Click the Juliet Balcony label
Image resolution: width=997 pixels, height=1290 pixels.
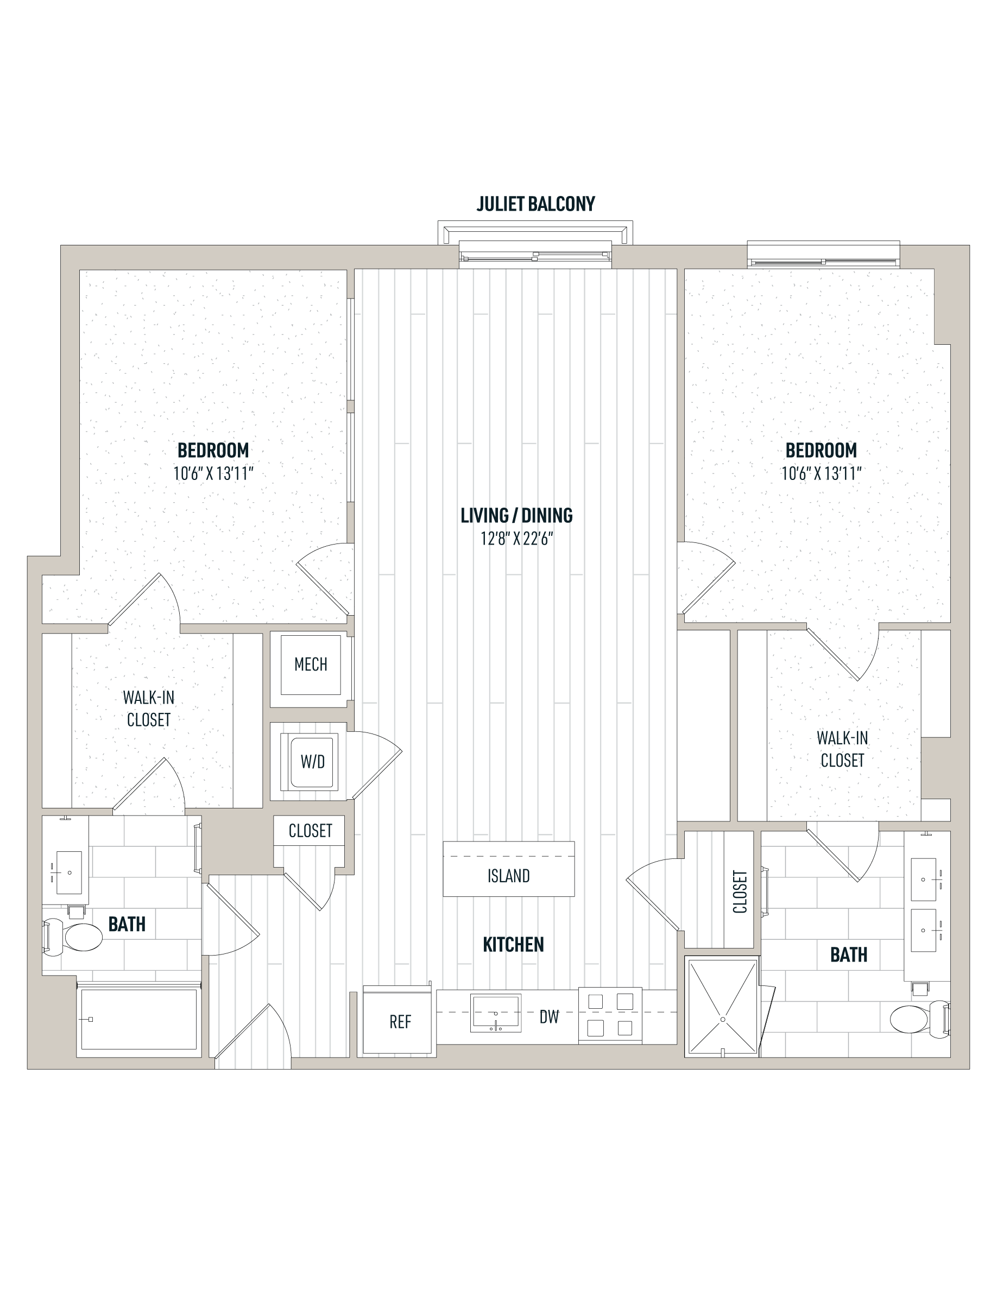536,204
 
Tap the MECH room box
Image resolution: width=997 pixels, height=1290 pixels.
311,665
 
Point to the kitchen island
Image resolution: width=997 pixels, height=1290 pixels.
508,869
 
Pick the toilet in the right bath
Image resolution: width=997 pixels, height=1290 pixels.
920,1019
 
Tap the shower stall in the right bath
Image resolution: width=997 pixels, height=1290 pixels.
722,1007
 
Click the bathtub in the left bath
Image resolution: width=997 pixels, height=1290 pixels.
139,1020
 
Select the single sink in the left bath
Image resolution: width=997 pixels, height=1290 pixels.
68,873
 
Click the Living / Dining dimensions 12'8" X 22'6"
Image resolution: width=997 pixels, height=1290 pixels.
517,539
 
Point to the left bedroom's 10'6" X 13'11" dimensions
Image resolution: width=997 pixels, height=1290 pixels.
213,474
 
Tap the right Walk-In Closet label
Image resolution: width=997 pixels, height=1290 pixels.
842,749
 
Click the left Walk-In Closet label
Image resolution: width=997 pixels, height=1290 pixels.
149,709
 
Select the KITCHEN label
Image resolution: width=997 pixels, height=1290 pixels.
513,945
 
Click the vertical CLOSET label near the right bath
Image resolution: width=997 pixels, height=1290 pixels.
740,891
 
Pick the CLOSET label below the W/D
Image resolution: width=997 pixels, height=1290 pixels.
310,831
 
